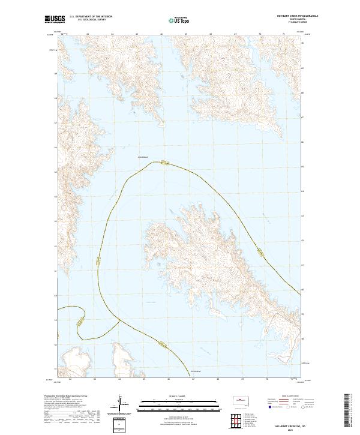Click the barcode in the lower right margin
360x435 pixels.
[x=347, y=413]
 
